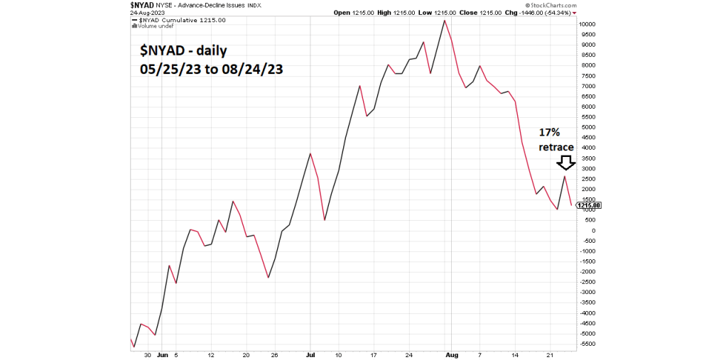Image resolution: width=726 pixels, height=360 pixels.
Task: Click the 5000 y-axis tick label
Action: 589,127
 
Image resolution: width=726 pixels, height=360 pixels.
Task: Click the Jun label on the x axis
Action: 162,354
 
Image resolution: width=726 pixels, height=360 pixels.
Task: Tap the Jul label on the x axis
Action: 310,354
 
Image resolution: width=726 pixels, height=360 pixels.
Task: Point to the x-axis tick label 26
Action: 275,354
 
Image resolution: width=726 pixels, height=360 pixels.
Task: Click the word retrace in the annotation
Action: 556,147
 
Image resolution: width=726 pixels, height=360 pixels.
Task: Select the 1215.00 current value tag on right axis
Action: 590,205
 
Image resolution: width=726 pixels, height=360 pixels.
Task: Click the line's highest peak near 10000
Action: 445,20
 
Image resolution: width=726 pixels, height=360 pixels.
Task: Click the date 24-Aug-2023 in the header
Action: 147,13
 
